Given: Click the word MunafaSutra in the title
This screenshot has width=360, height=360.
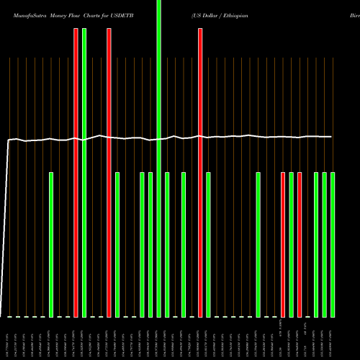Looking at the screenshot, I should point(22,14).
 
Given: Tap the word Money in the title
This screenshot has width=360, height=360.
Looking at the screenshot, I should point(55,14).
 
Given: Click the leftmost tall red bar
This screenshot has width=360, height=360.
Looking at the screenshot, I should point(76,173).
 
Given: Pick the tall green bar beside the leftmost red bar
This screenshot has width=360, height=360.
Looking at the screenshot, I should point(84,173).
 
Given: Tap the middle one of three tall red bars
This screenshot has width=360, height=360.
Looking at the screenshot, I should point(109,173).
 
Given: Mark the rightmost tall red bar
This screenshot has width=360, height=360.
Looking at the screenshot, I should point(200,173).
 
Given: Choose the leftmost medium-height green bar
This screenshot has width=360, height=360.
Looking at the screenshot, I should point(51,245).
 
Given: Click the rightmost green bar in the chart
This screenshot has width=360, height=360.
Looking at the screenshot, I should point(333,245).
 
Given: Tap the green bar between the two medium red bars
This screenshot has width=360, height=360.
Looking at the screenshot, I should point(292,245).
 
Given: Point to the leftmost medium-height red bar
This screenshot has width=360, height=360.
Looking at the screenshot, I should point(283,245).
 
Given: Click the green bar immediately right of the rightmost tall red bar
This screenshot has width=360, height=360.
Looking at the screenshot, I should point(208,245).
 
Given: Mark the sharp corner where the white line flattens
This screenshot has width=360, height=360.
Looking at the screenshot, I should point(9,141).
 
